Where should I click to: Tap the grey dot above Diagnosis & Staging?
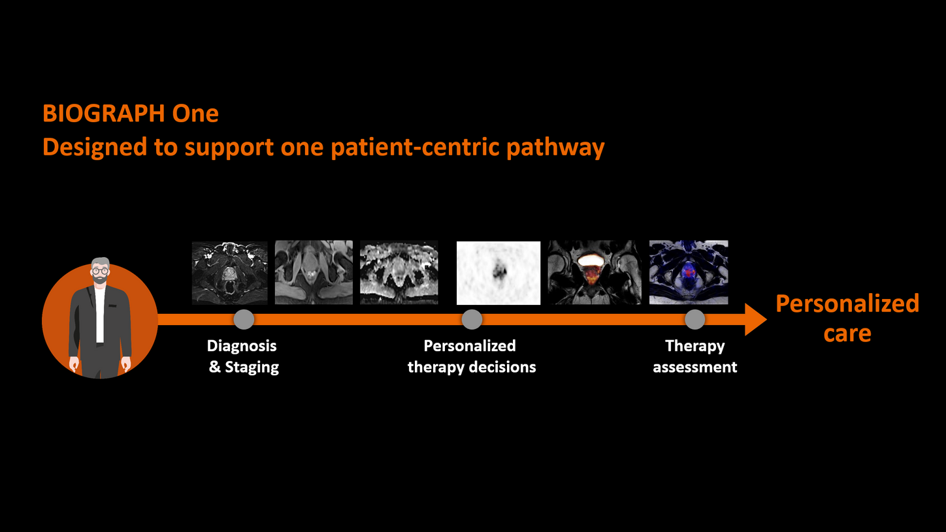pyautogui.click(x=244, y=319)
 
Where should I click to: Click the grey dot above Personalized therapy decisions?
pyautogui.click(x=472, y=319)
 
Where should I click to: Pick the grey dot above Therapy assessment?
pyautogui.click(x=694, y=319)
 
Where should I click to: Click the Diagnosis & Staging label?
pyautogui.click(x=243, y=356)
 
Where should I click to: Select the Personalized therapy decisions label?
pyautogui.click(x=471, y=356)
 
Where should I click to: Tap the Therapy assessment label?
pyautogui.click(x=694, y=356)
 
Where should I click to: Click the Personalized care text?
pyautogui.click(x=847, y=318)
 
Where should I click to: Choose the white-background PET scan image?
pyautogui.click(x=498, y=273)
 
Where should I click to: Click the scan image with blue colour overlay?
pyautogui.click(x=689, y=272)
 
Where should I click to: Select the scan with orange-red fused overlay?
pyautogui.click(x=594, y=272)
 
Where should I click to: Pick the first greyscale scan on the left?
pyautogui.click(x=229, y=272)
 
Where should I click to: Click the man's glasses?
pyautogui.click(x=100, y=270)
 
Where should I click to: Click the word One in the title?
pyautogui.click(x=195, y=114)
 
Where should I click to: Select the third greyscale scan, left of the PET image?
pyautogui.click(x=399, y=272)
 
